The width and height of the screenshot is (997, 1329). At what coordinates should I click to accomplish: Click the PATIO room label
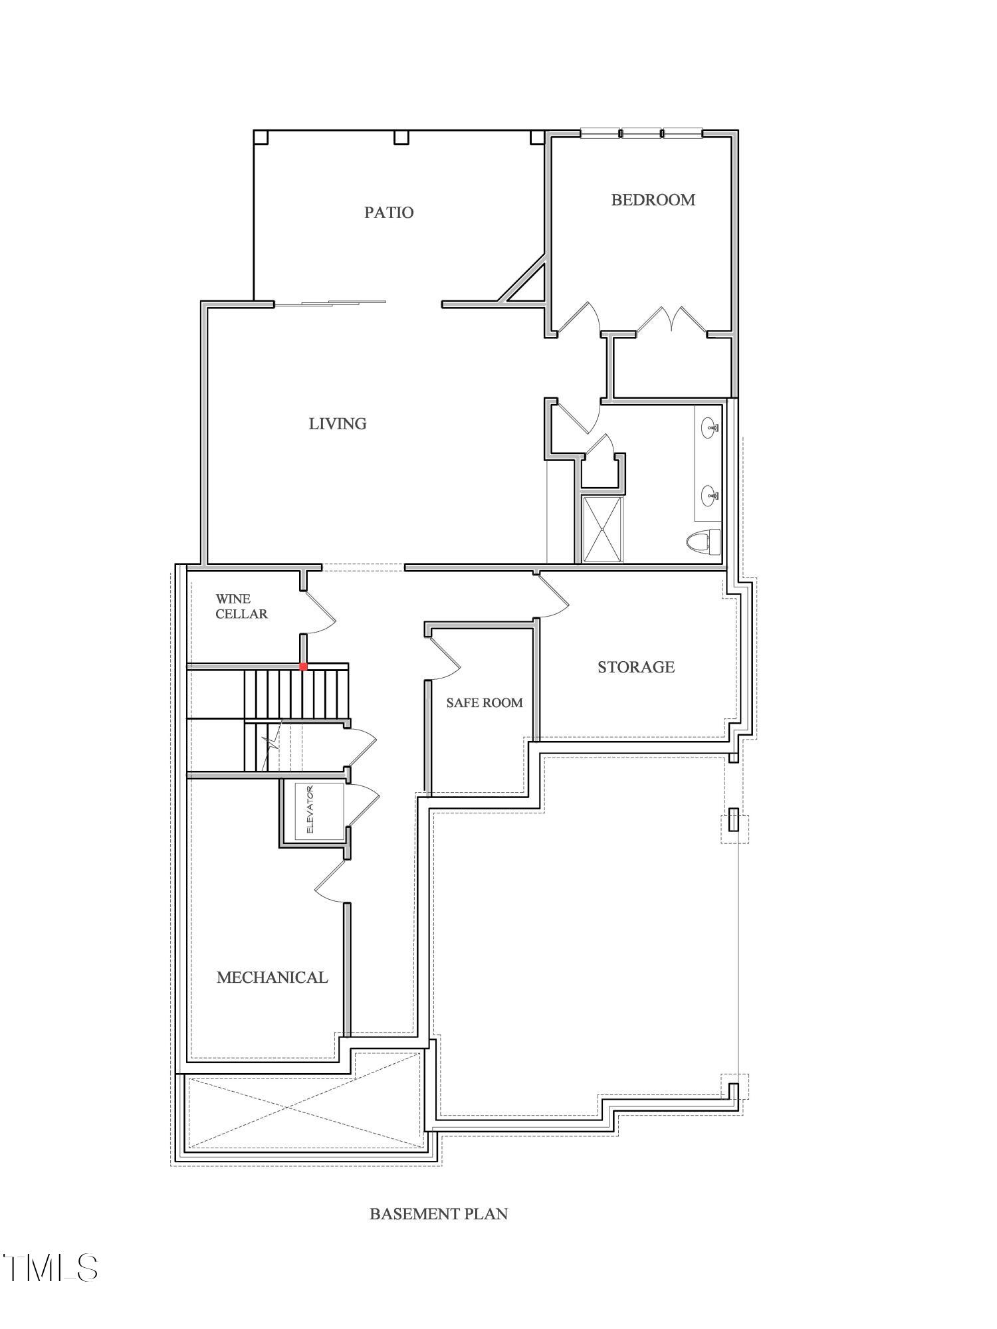(x=389, y=213)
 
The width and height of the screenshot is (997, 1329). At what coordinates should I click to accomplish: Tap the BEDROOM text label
(x=653, y=200)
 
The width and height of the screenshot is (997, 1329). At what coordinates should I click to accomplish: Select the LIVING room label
(x=338, y=424)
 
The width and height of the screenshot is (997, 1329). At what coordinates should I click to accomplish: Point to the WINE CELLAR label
(x=241, y=607)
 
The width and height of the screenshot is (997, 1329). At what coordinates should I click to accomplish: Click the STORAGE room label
(x=636, y=667)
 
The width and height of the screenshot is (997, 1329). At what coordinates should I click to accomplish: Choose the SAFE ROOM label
(x=484, y=703)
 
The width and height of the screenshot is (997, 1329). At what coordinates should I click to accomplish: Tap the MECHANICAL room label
(x=272, y=977)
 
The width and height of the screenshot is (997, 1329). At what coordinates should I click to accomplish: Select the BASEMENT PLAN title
(x=439, y=1214)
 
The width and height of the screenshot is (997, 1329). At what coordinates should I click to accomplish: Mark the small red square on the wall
(x=303, y=666)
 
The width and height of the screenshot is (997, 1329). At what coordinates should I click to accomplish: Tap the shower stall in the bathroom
(x=603, y=529)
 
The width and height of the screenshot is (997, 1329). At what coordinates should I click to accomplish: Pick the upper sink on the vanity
(x=711, y=427)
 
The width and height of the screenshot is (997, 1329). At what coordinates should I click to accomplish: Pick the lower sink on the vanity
(x=711, y=495)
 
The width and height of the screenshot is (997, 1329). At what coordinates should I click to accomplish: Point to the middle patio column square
(x=401, y=138)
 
